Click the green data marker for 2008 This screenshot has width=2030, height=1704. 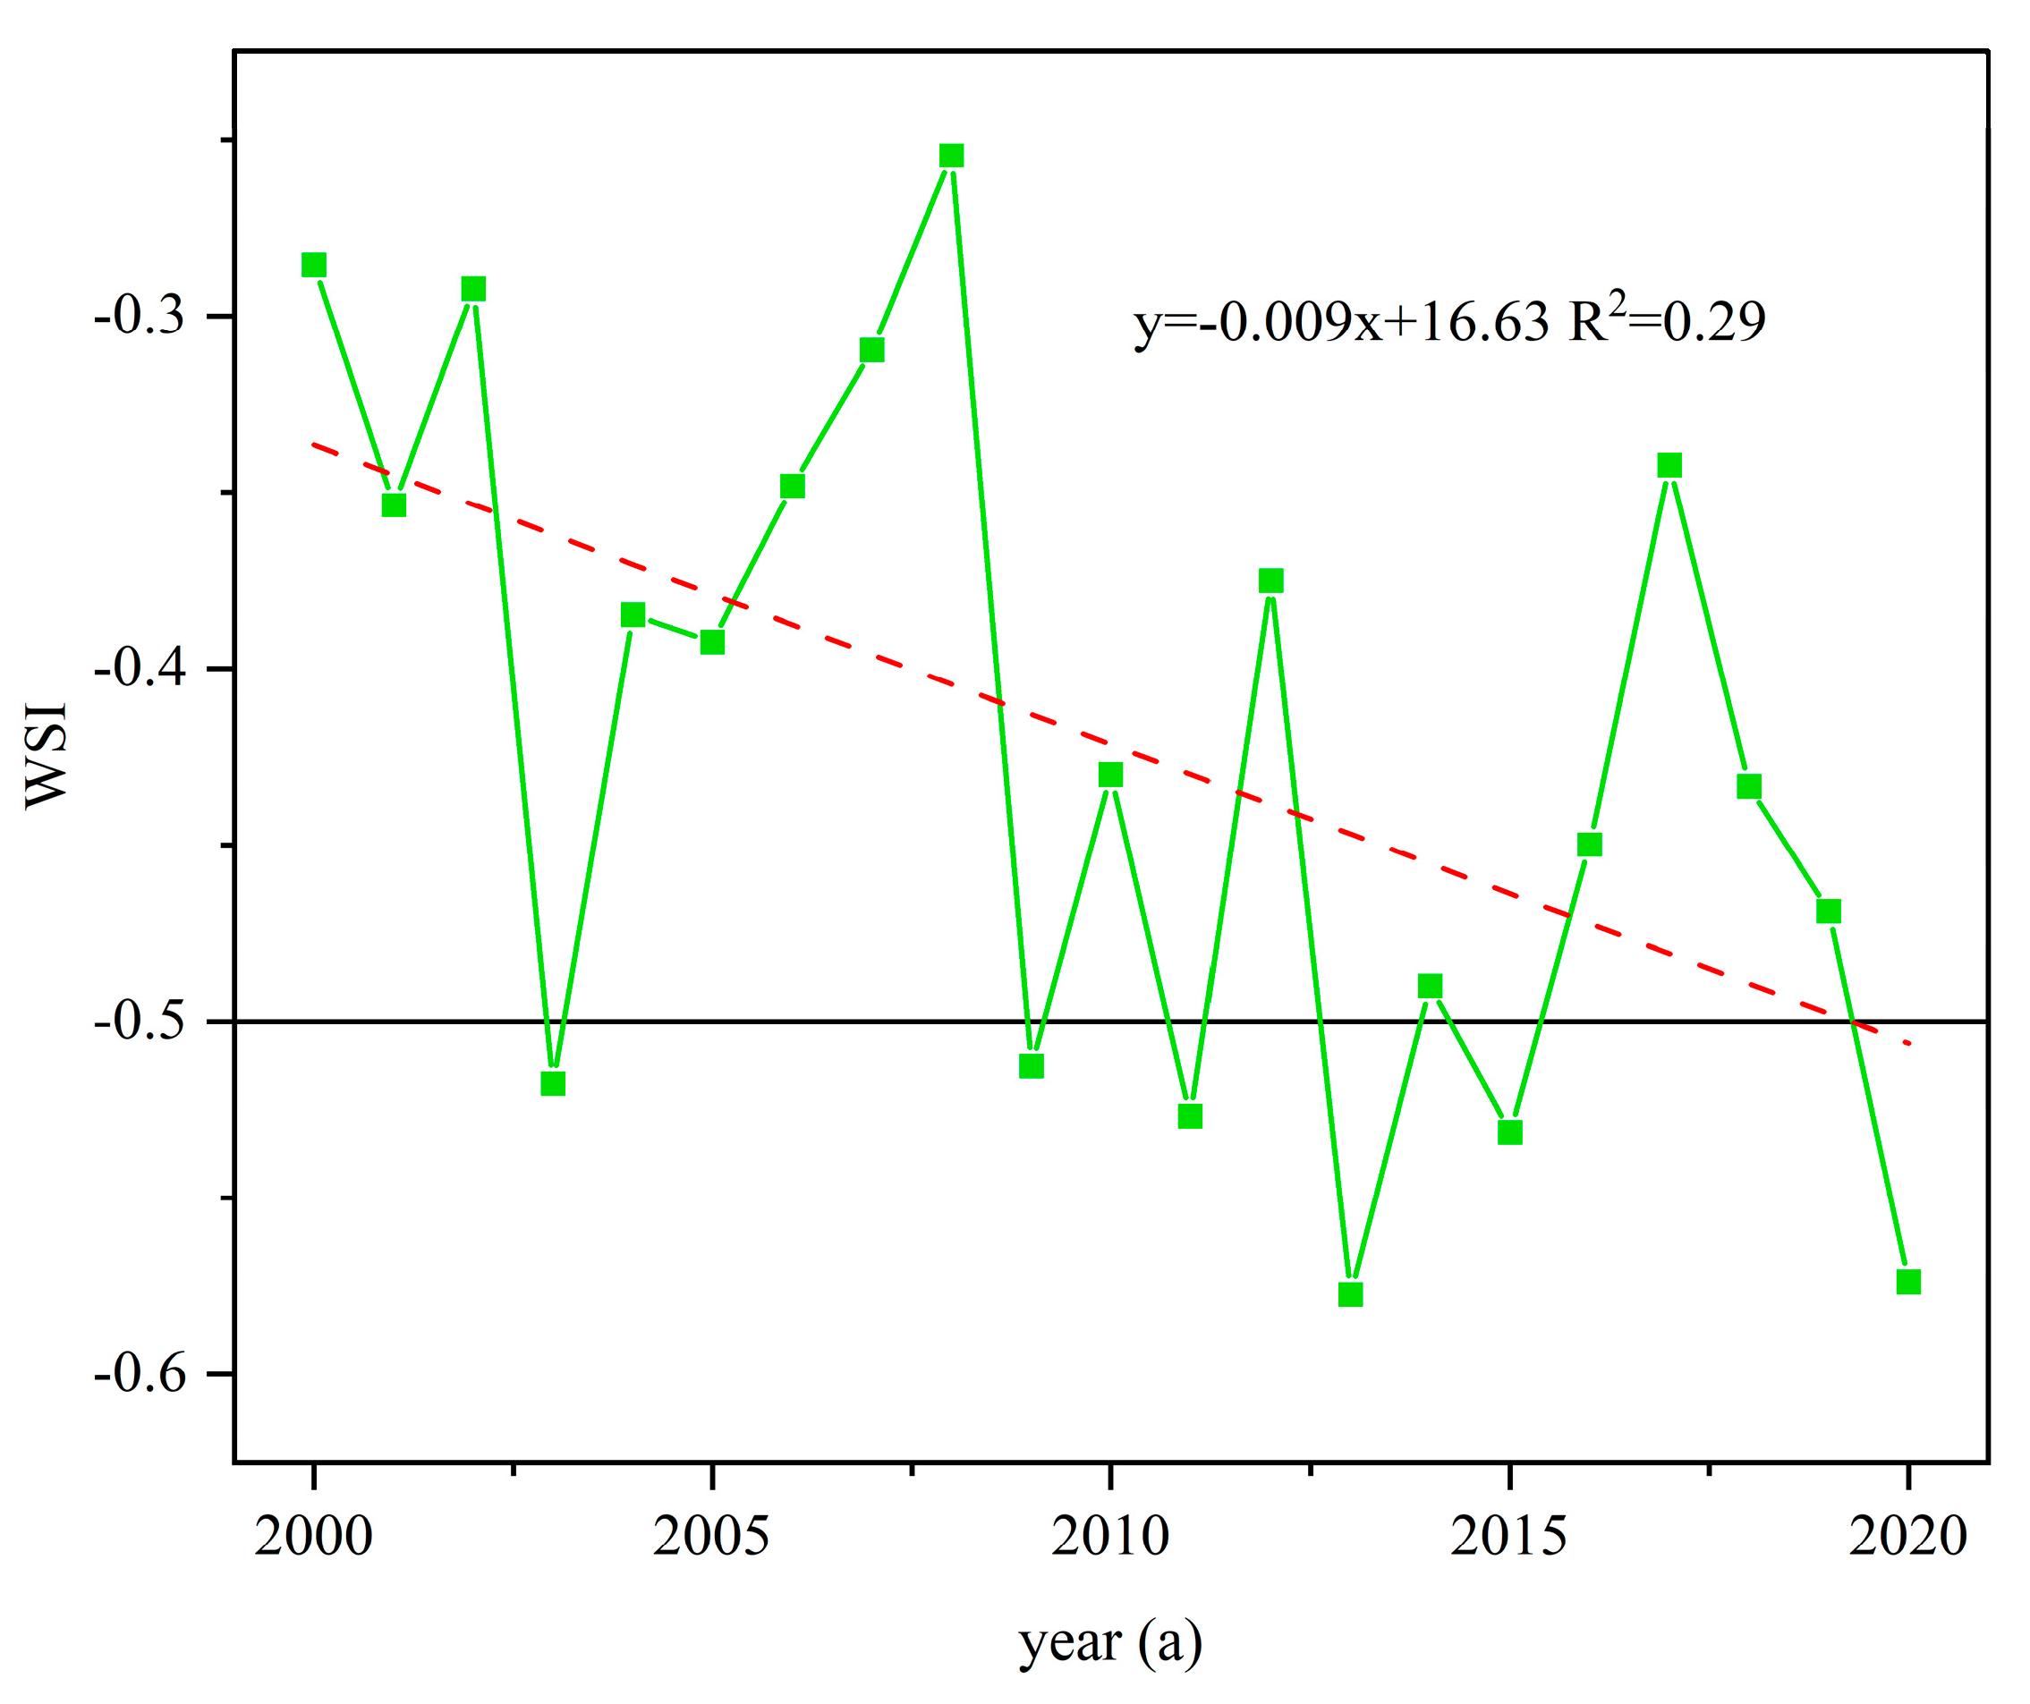coord(951,157)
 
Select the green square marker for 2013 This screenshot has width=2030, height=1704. coord(1350,1294)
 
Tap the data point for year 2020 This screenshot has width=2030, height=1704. coord(1908,1282)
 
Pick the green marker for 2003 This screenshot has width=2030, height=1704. coord(553,1083)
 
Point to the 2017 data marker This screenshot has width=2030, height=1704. coord(1669,466)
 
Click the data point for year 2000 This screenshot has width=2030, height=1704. coord(313,265)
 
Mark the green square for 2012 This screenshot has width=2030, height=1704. coord(1270,581)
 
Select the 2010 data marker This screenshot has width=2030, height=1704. coord(1110,776)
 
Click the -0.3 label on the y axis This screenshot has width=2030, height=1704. coord(140,316)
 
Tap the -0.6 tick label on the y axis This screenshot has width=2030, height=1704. coord(140,1373)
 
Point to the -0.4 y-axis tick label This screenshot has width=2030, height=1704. coord(140,668)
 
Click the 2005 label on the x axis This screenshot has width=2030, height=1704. coord(711,1537)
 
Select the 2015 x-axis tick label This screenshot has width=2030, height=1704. coord(1508,1537)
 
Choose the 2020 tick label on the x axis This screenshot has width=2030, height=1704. coord(1907,1537)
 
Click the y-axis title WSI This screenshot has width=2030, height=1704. coord(47,755)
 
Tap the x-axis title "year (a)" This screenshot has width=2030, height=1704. coord(1110,1642)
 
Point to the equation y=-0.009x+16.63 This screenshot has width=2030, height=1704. coord(1341,323)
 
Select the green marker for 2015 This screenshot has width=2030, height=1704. coord(1510,1132)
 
